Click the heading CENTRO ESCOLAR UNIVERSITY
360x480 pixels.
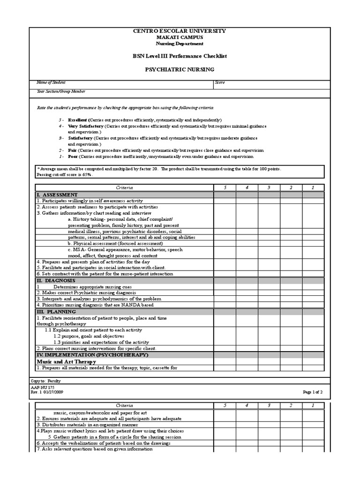(x=180, y=31)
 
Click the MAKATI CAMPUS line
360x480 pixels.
(x=180, y=37)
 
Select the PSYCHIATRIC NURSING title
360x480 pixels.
(x=180, y=69)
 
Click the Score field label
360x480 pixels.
(x=220, y=82)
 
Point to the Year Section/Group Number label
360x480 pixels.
(x=61, y=91)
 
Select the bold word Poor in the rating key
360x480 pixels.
(x=73, y=157)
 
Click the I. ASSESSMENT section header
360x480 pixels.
(x=57, y=195)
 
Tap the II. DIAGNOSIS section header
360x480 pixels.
(x=56, y=280)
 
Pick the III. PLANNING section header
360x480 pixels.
(x=56, y=311)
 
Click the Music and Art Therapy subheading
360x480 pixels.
(x=66, y=361)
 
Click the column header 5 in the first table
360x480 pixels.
(x=225, y=187)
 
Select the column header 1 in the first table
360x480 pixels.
(x=313, y=187)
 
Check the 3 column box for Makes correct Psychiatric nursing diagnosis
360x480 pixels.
(x=269, y=292)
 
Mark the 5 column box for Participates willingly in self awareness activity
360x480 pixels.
(x=225, y=201)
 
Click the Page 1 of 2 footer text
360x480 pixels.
(x=313, y=391)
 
